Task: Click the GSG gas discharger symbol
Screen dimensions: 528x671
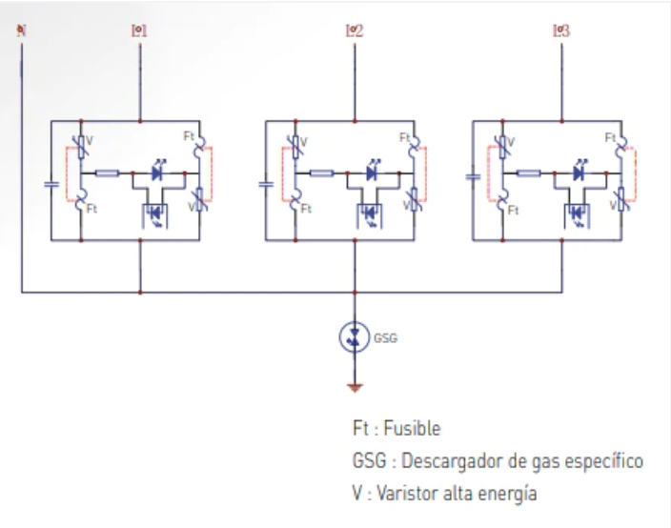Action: pos(355,335)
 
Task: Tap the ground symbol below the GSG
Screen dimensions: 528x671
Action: pos(355,388)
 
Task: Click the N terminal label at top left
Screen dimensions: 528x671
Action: pos(21,30)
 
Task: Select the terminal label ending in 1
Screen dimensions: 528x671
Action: pos(139,30)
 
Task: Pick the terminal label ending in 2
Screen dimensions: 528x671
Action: pos(355,30)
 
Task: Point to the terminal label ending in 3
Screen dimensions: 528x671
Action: pos(561,30)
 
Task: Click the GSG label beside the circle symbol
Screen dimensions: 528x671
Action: pos(385,336)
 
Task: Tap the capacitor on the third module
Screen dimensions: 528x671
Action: pos(473,177)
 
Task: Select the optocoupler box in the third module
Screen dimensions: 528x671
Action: pos(578,211)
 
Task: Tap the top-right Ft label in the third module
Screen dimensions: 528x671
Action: pos(610,137)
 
